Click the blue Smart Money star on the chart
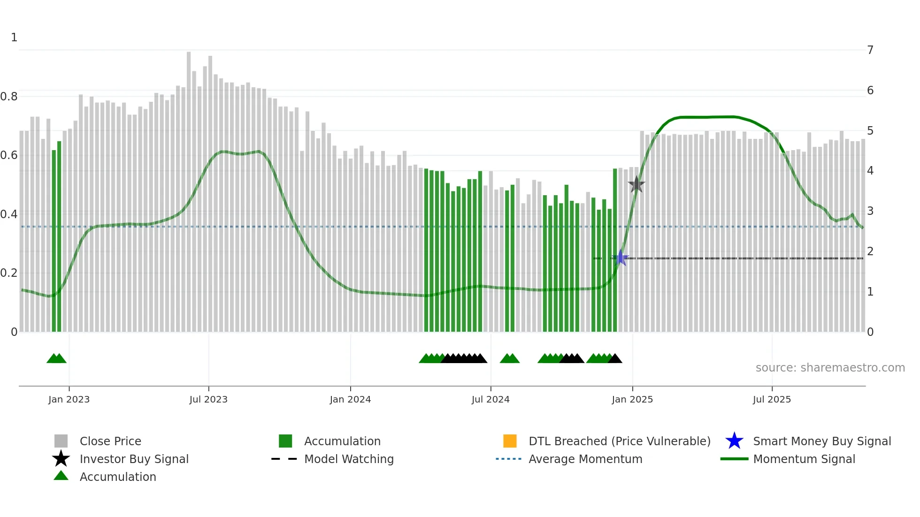click(621, 258)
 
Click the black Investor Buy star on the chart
click(636, 184)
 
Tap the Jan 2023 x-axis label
click(69, 399)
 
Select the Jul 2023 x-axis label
click(208, 399)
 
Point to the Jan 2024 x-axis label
click(350, 399)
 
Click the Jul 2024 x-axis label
click(491, 399)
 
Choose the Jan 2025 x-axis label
click(632, 399)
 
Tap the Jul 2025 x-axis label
click(772, 399)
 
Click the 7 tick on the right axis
click(870, 50)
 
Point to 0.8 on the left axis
click(9, 97)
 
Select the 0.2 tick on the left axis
click(9, 273)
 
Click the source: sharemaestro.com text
click(830, 368)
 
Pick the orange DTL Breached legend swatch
click(510, 441)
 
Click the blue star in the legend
click(734, 441)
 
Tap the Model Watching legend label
click(349, 459)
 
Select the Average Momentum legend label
click(585, 459)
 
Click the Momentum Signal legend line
click(734, 459)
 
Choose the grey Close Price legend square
click(61, 441)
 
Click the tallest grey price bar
click(189, 188)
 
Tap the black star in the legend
click(61, 459)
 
